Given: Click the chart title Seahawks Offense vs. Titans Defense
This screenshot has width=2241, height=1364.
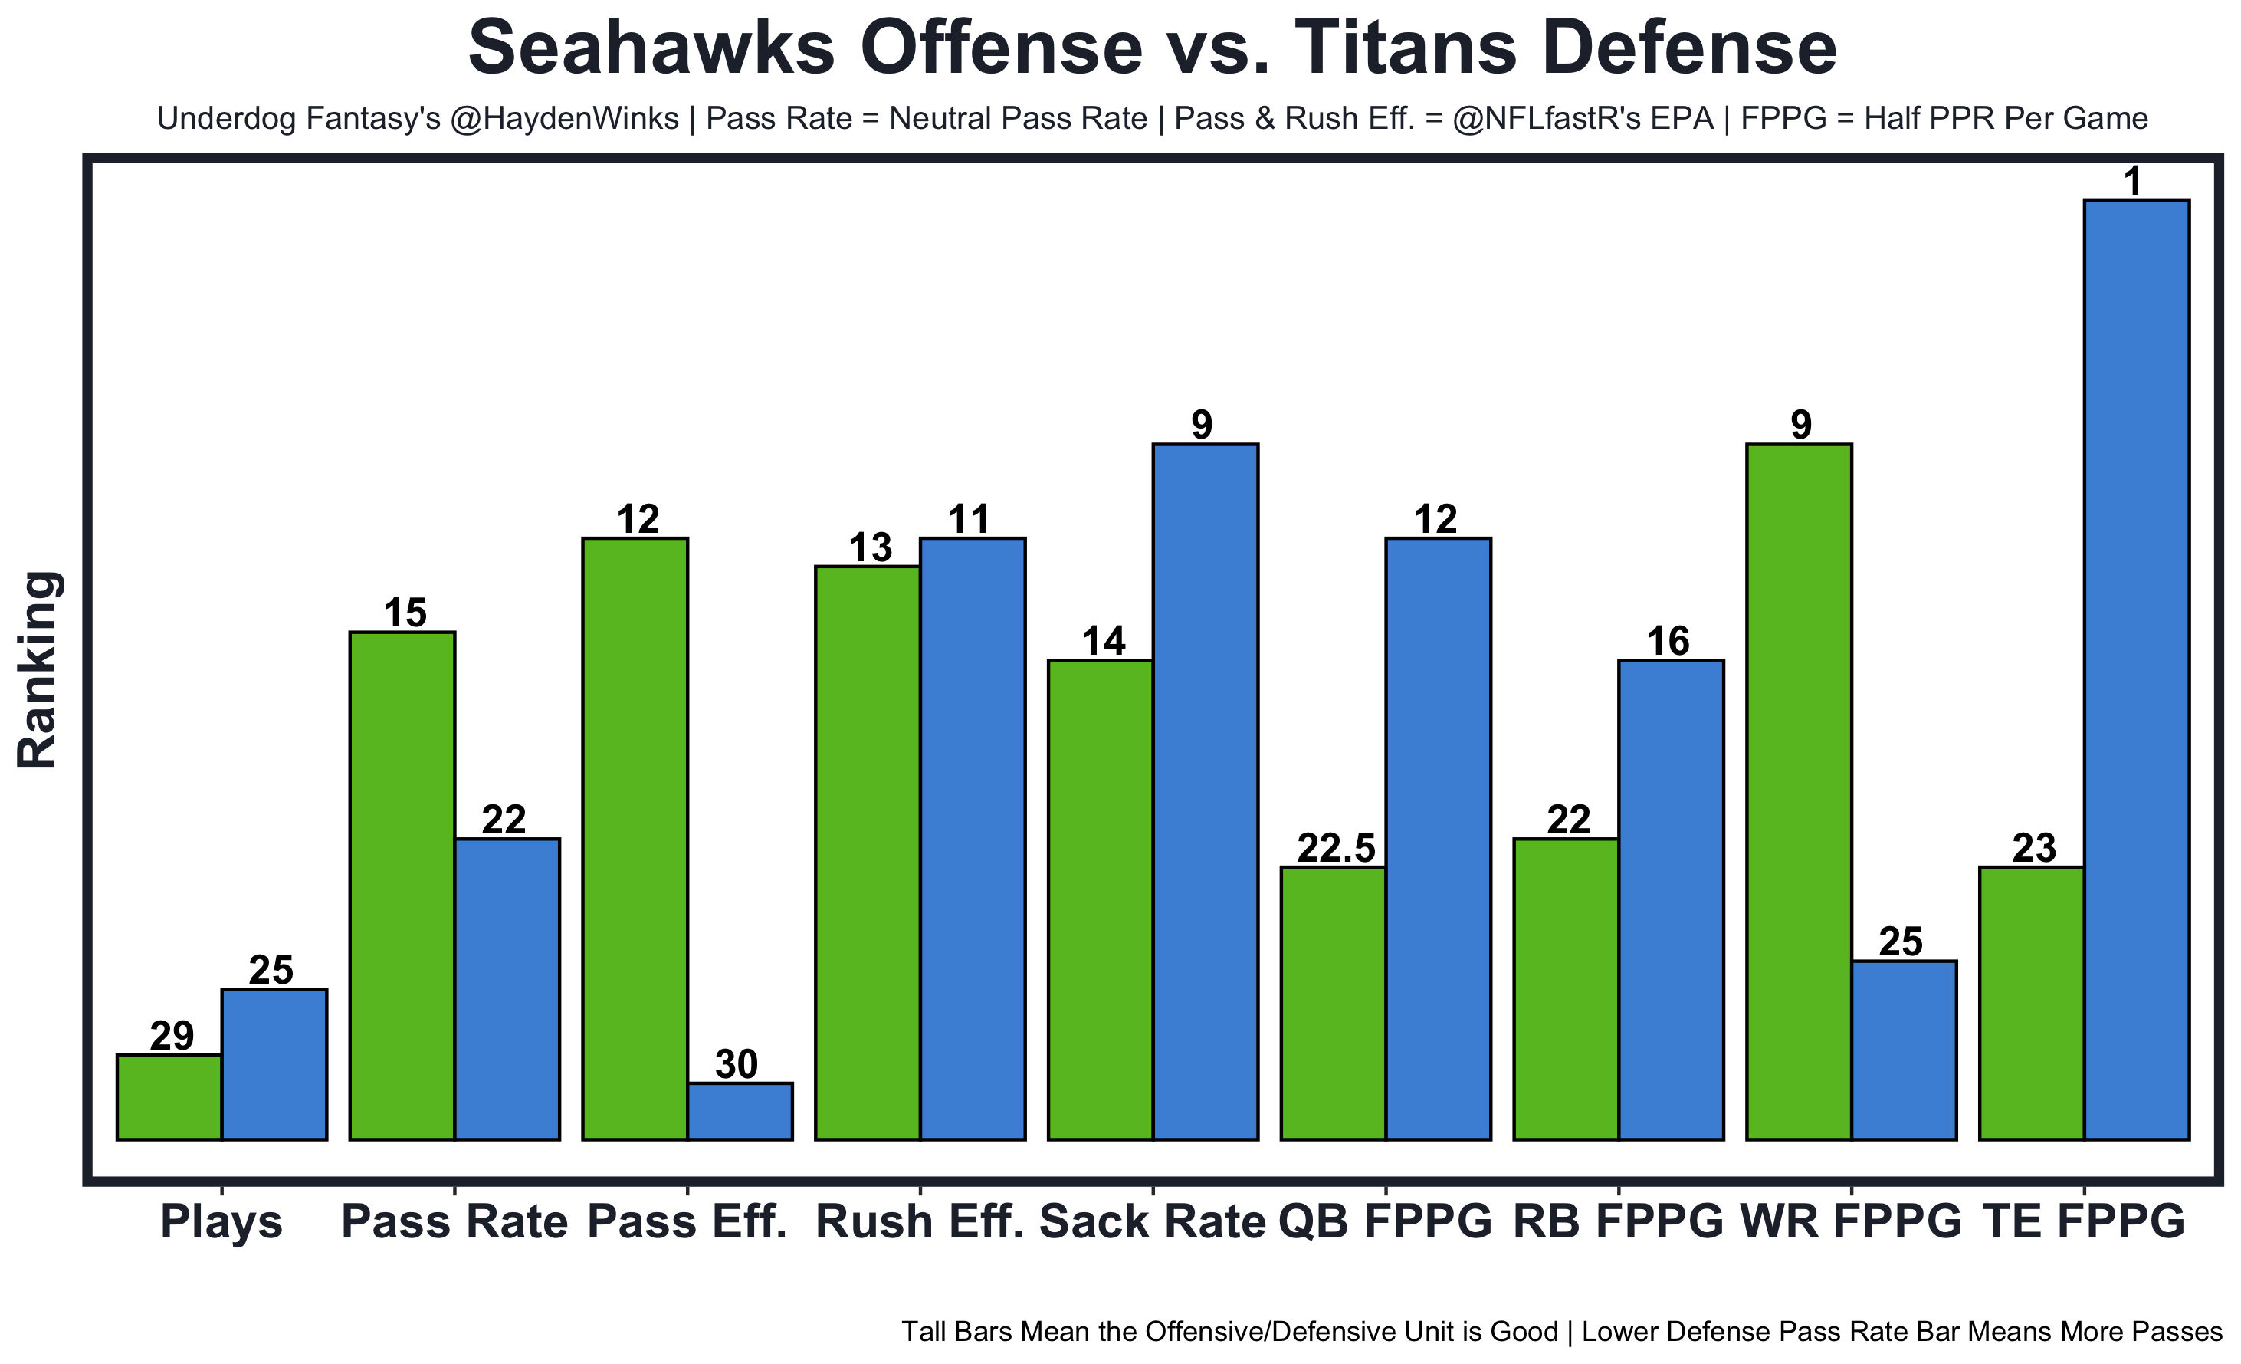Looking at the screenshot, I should (1153, 48).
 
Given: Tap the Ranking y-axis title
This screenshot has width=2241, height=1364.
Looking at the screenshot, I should (38, 671).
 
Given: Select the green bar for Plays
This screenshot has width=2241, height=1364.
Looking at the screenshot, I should (169, 1096).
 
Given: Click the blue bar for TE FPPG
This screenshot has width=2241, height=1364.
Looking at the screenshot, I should (2137, 669).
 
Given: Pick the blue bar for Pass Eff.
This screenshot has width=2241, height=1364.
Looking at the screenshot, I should (740, 1111).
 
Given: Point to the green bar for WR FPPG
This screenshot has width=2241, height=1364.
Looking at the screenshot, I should (1799, 792).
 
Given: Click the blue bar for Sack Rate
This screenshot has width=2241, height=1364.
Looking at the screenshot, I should (1205, 792).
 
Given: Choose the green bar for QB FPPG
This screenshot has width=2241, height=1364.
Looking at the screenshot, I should (1334, 1003).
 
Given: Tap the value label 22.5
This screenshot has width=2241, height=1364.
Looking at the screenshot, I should (1335, 849).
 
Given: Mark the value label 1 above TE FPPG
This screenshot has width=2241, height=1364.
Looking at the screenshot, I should (2133, 182).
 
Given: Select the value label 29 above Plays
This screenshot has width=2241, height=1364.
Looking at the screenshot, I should (172, 1037).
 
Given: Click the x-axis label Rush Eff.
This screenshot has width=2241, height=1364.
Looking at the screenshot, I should (920, 1222).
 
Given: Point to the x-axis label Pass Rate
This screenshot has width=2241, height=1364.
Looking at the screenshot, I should (454, 1222).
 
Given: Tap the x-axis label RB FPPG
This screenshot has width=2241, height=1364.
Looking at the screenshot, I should (1618, 1222).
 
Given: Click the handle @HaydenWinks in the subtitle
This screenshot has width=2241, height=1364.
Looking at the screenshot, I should (564, 118).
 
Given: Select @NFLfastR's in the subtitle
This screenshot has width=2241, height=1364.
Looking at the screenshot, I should (1557, 118).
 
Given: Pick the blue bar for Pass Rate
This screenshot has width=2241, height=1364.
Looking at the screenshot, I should (507, 989).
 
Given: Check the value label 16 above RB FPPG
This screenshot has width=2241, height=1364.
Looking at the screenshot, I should (1668, 642).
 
